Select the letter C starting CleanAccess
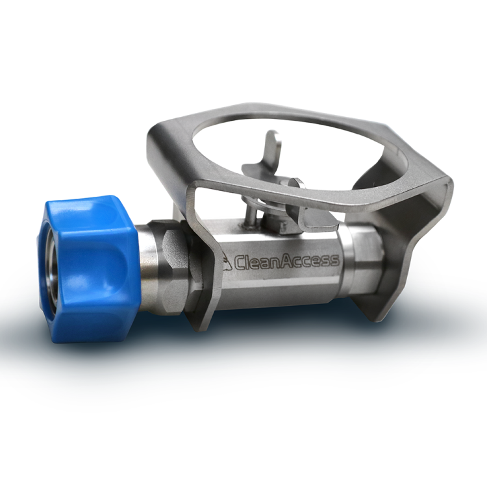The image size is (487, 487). coord(239,262)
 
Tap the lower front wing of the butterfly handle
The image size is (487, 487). coord(314,214)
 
